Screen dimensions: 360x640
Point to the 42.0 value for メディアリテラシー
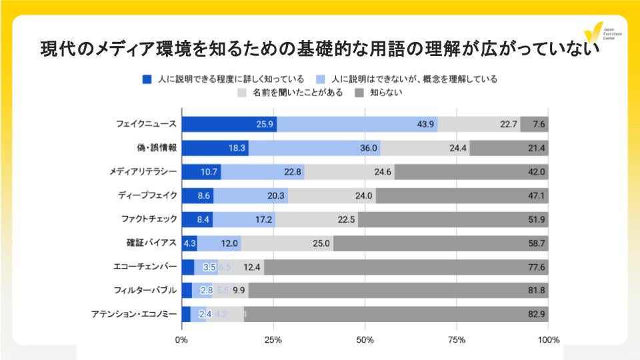[x=537, y=172]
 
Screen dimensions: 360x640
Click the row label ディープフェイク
[x=147, y=195]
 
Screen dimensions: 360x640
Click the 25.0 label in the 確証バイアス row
[x=321, y=243]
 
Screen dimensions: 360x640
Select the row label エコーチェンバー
[x=145, y=267]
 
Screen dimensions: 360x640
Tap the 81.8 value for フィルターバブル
[x=537, y=291]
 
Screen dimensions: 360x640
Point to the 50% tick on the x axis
[x=365, y=341]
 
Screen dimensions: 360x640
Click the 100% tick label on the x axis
[x=548, y=341]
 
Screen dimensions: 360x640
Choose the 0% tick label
[x=181, y=341]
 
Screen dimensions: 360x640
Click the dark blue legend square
[x=147, y=79]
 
